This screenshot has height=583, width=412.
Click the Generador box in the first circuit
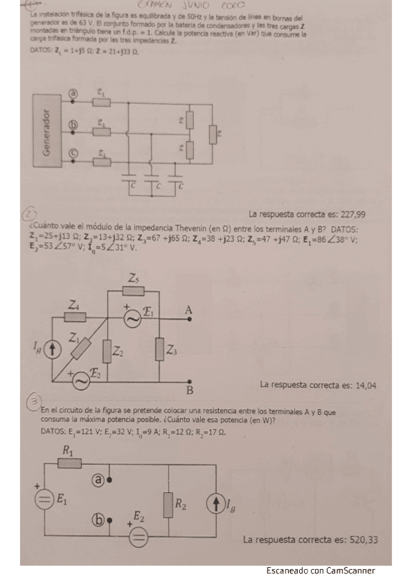[x=46, y=132]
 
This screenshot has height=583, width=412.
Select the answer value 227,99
[x=351, y=214]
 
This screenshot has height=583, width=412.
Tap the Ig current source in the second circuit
[x=53, y=349]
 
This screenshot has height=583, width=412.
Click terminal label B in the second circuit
[x=189, y=392]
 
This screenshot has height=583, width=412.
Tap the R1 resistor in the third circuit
[x=69, y=463]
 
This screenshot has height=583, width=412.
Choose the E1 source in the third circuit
[x=45, y=500]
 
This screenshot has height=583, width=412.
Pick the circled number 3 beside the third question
[x=32, y=401]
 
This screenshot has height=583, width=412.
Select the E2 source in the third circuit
[x=138, y=536]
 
